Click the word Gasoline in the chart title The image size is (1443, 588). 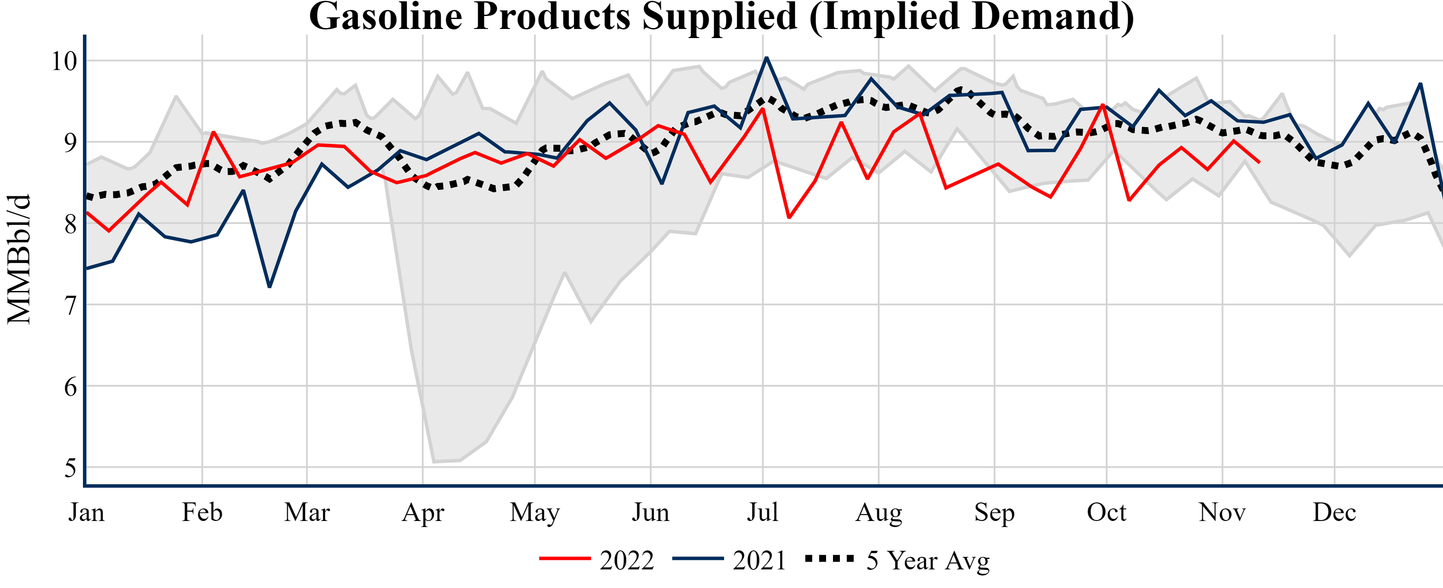[385, 17]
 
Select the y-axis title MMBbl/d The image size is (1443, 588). [19, 259]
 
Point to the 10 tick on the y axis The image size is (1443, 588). [64, 61]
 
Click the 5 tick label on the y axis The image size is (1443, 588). [70, 467]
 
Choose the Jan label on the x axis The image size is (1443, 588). [86, 512]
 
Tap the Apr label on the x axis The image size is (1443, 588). [423, 512]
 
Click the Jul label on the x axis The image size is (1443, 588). [763, 512]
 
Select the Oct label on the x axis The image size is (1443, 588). [1106, 512]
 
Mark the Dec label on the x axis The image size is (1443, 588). [1334, 512]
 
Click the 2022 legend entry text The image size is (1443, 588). [627, 560]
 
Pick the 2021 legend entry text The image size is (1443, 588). [760, 560]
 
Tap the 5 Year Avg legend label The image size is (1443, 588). [928, 560]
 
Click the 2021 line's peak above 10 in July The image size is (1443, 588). [766, 58]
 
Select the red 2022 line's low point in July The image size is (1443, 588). [789, 217]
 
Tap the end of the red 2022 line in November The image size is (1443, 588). [1260, 163]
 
